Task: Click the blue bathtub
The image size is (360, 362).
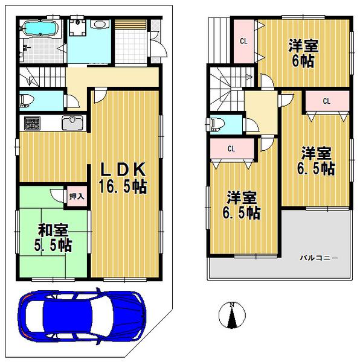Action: click(39, 28)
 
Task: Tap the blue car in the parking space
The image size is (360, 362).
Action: click(82, 316)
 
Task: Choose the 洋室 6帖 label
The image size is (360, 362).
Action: click(304, 53)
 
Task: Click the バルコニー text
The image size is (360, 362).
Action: click(318, 258)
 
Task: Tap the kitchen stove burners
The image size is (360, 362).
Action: click(31, 124)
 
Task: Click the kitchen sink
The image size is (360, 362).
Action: click(72, 123)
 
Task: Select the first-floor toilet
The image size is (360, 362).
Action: click(28, 100)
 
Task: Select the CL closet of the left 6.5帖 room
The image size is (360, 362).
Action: click(231, 148)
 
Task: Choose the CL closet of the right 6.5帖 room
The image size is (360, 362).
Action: click(326, 101)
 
